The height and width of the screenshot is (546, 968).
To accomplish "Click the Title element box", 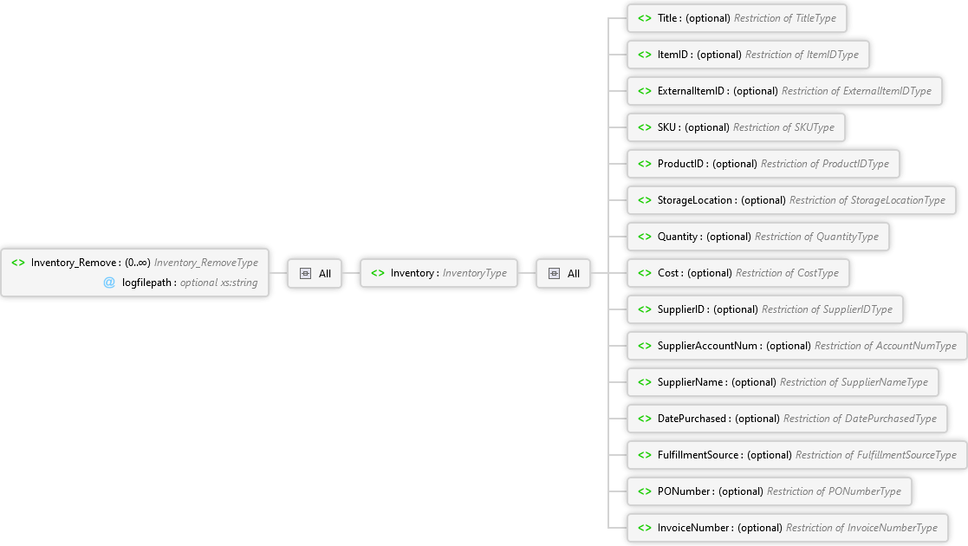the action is [737, 18].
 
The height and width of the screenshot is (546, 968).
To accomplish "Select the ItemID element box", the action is [748, 55].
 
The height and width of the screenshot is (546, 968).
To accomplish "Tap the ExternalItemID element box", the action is [784, 91].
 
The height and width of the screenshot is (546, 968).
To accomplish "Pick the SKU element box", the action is [736, 128].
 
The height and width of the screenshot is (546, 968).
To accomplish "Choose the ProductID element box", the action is [763, 165].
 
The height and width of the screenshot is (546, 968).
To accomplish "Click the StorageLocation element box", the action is [791, 201].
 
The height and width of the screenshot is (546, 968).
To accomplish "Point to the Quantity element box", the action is [758, 237].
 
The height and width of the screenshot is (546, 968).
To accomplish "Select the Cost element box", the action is [737, 274].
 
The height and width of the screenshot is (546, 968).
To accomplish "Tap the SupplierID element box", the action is [765, 310].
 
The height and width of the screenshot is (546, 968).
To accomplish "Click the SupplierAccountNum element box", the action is [797, 347].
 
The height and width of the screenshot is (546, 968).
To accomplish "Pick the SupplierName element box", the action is [783, 383].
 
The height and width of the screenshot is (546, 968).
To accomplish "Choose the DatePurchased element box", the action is [787, 419].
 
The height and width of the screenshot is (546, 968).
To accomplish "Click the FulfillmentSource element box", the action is [797, 456].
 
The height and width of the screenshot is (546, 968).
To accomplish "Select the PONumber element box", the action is [770, 492].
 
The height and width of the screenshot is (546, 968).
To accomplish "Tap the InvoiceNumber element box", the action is [788, 529].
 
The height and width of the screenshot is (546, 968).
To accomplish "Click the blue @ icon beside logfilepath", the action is [109, 283].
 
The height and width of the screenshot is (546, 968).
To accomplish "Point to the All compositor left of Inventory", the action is [315, 274].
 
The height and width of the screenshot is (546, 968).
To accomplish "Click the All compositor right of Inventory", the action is [563, 274].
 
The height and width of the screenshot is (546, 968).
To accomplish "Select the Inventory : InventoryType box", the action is [439, 274].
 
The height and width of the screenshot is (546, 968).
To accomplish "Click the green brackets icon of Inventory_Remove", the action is [18, 263].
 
